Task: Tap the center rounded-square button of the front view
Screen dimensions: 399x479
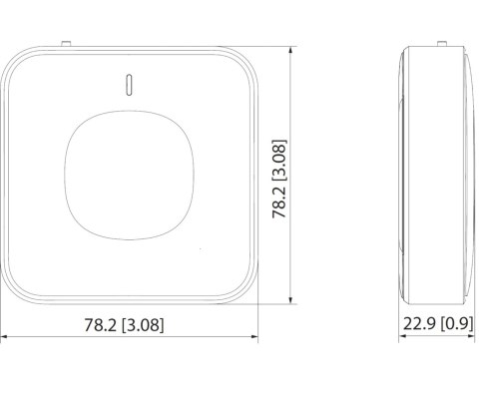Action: (130, 173)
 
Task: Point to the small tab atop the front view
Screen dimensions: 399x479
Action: (66, 43)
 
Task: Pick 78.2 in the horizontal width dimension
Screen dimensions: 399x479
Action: (99, 323)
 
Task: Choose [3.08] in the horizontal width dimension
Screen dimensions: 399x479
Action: (143, 323)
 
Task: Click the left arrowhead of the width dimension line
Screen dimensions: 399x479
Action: (3, 338)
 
